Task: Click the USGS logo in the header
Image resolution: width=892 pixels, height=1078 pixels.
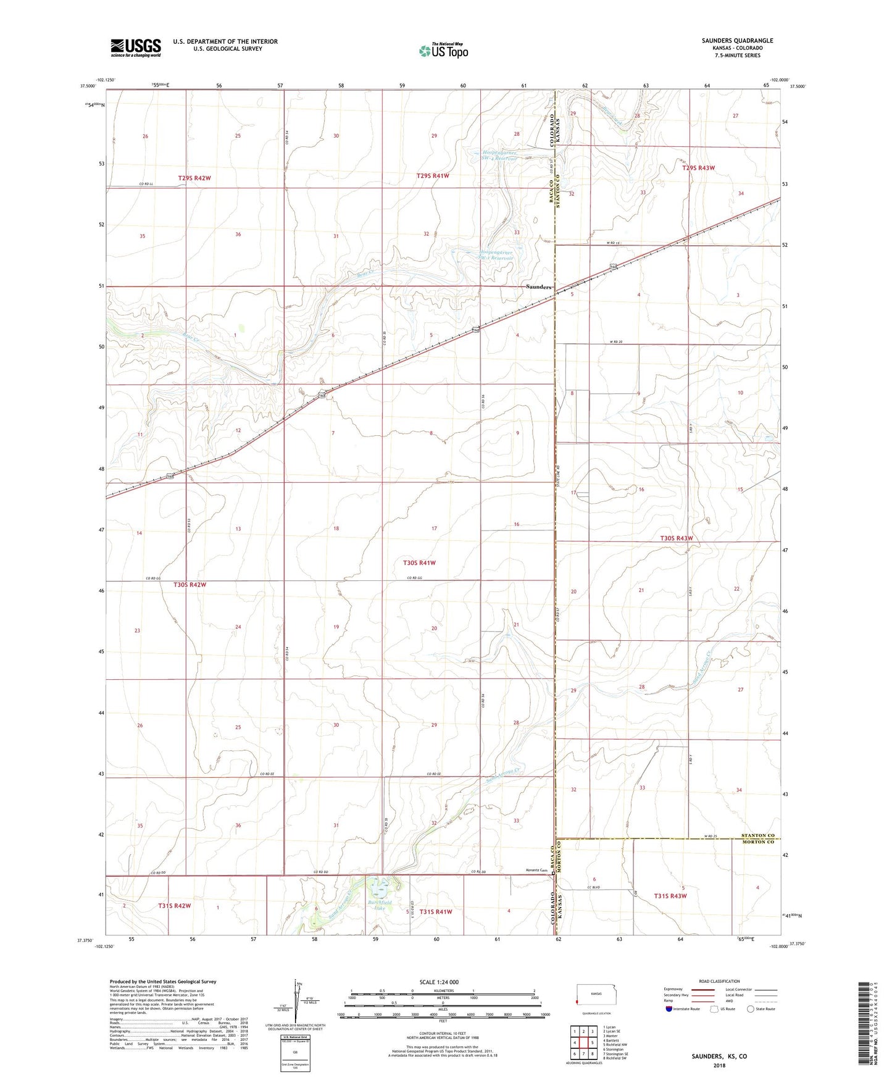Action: [x=136, y=47]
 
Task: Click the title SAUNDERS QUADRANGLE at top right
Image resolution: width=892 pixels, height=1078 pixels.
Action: [x=737, y=41]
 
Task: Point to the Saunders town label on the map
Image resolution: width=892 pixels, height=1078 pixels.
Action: [x=538, y=287]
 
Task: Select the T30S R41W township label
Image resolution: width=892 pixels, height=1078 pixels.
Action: [x=419, y=562]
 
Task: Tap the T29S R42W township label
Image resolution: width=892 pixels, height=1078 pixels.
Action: [x=194, y=178]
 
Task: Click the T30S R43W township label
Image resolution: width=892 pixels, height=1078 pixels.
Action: [x=677, y=538]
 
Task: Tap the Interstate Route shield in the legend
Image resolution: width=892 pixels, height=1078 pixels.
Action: [x=670, y=1009]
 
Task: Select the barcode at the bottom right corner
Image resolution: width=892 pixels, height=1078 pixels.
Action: [x=865, y=1026]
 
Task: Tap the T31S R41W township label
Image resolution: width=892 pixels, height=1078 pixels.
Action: [x=436, y=911]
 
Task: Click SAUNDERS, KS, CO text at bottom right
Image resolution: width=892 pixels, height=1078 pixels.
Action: [x=719, y=1056]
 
